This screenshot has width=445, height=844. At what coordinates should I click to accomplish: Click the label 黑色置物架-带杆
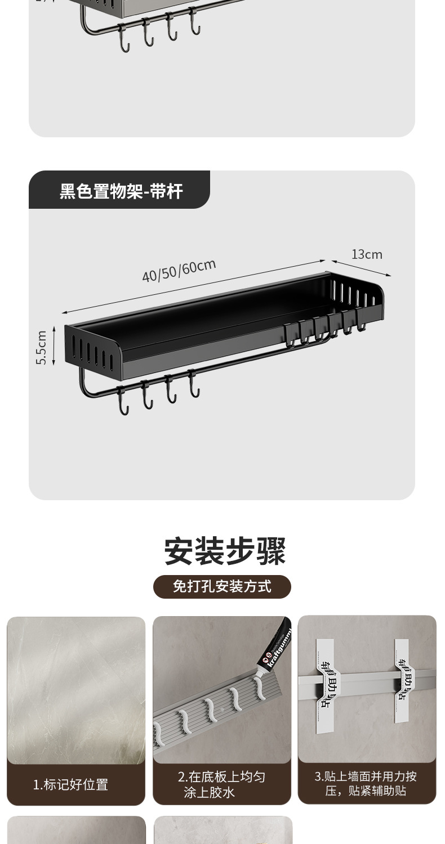[121, 191]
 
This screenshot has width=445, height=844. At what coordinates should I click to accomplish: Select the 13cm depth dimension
[367, 254]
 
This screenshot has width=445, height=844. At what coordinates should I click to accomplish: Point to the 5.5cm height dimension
[41, 347]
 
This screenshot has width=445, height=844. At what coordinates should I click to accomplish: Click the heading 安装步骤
[225, 551]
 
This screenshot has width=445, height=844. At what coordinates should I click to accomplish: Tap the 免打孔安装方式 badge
[222, 587]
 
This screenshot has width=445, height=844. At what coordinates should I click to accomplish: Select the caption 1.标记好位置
[70, 784]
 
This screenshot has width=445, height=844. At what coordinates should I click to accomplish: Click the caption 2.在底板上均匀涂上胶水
[221, 784]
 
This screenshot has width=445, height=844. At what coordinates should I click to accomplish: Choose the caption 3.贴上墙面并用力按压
[366, 783]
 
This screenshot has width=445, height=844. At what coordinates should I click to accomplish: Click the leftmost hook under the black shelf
[123, 401]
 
